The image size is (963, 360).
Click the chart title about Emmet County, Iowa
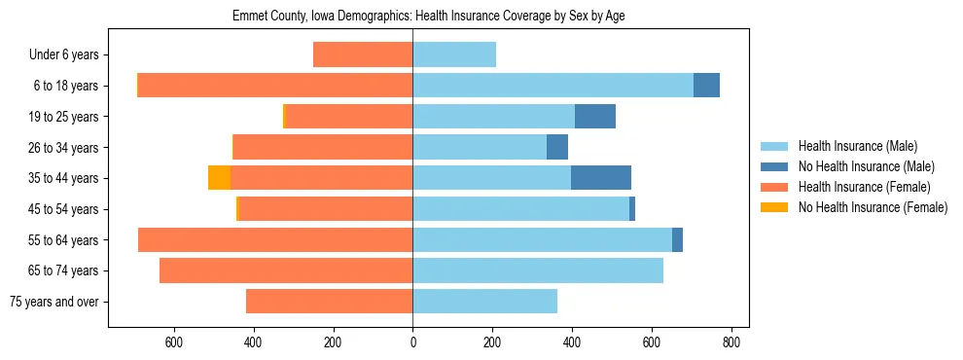[433, 17]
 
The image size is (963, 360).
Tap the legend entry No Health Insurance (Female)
[873, 207]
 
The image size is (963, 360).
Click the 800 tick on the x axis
[731, 342]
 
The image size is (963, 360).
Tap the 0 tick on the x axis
[412, 342]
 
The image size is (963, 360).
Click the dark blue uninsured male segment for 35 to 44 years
[601, 178]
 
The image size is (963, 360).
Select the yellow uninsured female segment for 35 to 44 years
[219, 178]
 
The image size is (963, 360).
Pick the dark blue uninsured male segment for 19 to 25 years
[595, 117]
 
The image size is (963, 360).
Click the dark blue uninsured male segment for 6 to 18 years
[706, 86]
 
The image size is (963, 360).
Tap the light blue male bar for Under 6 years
[454, 54]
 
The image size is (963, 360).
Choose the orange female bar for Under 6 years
[363, 54]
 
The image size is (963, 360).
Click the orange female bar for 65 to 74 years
[286, 270]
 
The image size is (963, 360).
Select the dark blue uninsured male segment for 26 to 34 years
[557, 147]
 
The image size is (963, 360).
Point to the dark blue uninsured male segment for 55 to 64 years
[677, 239]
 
